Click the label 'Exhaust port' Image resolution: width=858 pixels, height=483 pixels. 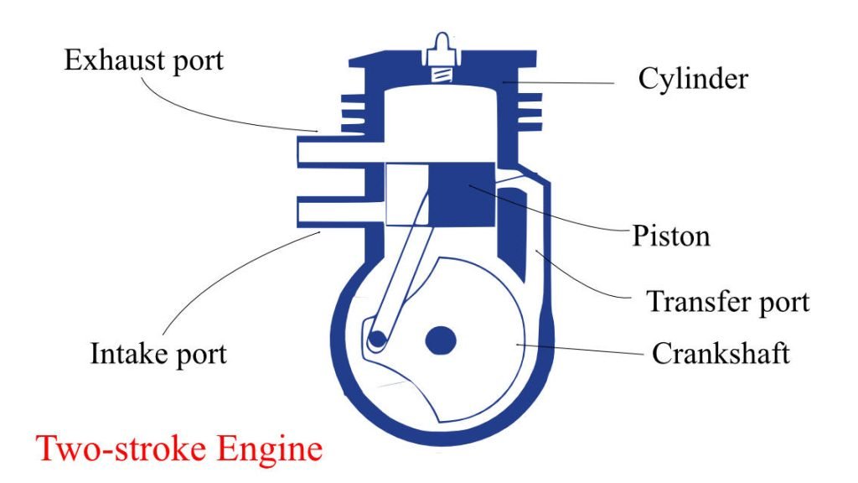click(x=144, y=61)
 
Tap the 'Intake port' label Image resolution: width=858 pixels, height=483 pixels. click(x=158, y=353)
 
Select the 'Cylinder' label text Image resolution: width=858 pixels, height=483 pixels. click(x=693, y=79)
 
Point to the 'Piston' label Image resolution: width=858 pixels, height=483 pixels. click(x=671, y=236)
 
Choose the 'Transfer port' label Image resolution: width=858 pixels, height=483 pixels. click(x=728, y=301)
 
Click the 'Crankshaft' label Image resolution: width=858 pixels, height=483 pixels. click(x=721, y=353)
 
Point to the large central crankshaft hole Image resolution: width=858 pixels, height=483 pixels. click(x=442, y=340)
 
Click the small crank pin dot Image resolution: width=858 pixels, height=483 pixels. click(x=377, y=338)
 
